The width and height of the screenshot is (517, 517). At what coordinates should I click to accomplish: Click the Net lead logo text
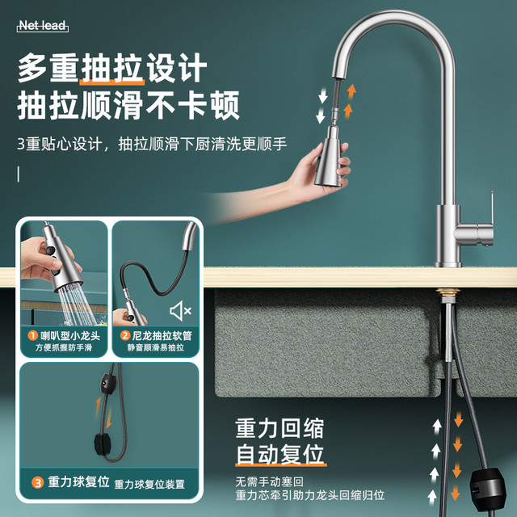(x=43, y=26)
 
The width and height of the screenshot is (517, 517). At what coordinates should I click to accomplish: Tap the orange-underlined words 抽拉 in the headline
(x=112, y=68)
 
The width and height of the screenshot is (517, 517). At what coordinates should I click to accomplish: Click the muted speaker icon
(x=180, y=310)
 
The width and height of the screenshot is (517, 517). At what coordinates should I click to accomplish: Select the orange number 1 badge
(x=32, y=336)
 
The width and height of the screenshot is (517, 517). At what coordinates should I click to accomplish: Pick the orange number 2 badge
(x=125, y=336)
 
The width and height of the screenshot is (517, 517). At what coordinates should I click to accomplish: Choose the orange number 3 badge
(x=38, y=483)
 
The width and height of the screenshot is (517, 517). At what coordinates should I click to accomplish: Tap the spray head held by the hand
(x=330, y=158)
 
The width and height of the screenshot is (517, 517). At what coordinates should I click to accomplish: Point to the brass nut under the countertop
(x=448, y=293)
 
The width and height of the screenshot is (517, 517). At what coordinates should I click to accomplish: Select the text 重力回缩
(x=280, y=428)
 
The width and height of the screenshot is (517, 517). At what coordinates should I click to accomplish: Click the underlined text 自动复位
(x=280, y=454)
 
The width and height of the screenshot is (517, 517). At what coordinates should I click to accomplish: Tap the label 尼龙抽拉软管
(x=162, y=336)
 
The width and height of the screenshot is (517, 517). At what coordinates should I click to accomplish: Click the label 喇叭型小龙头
(x=70, y=336)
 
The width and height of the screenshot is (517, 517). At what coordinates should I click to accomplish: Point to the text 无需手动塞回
(x=269, y=481)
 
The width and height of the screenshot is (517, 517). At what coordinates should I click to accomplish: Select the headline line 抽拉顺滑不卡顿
(x=128, y=105)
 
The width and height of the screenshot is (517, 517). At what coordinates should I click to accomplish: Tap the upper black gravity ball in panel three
(x=108, y=385)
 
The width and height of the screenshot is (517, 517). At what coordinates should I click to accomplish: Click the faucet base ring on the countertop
(x=448, y=264)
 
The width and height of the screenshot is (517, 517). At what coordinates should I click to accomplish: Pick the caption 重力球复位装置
(x=149, y=485)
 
